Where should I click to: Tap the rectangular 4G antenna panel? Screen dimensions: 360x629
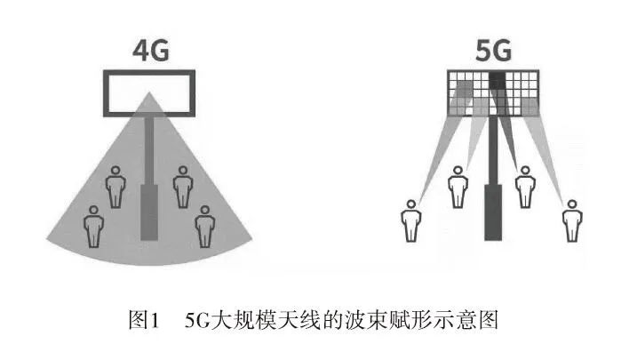[x=149, y=92]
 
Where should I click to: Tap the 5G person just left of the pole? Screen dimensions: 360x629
[x=458, y=187]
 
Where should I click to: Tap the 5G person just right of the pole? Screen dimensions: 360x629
[x=525, y=187]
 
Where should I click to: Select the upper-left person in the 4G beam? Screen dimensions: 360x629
[x=115, y=188]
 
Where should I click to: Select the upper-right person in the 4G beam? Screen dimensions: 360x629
[x=183, y=188]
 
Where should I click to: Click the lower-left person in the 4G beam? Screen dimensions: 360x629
[x=92, y=226]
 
